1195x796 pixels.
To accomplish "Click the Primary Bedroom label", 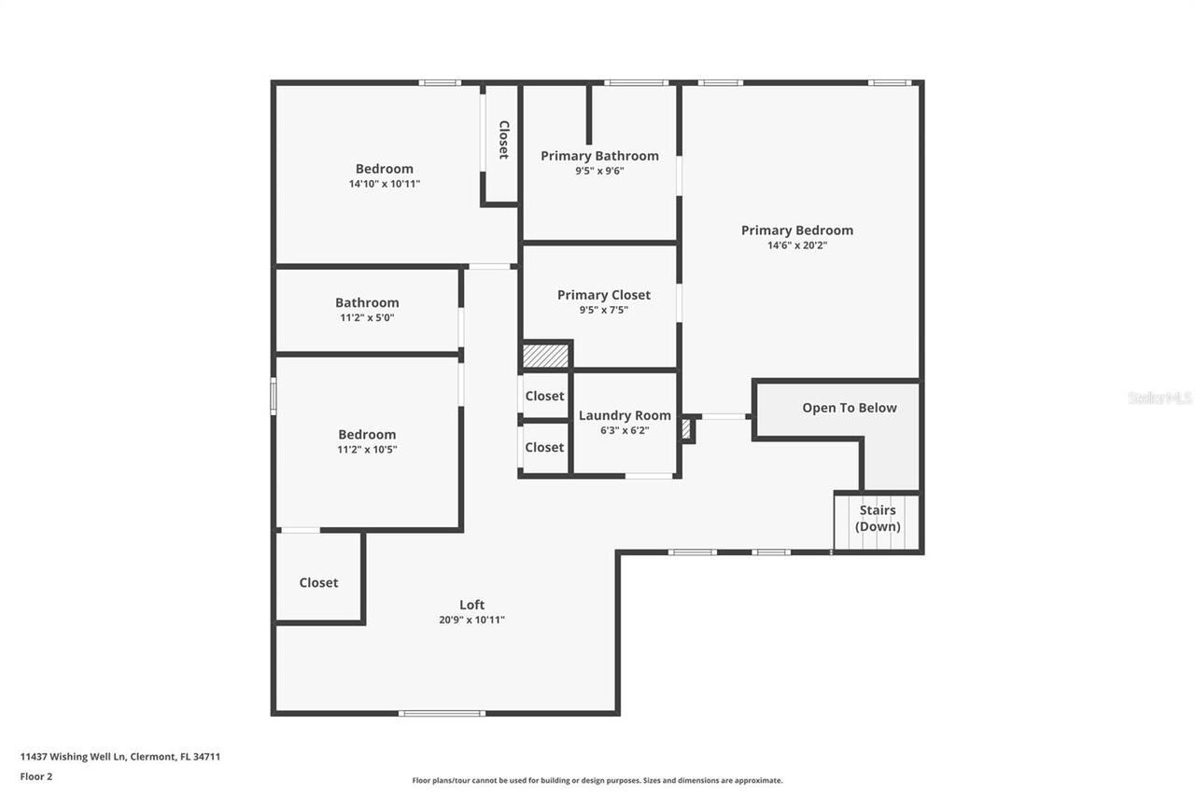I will click(x=796, y=230).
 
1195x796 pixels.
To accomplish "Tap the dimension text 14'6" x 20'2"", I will click(x=796, y=245).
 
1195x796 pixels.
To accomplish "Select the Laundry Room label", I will click(x=625, y=415).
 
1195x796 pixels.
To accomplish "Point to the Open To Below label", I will click(x=849, y=408).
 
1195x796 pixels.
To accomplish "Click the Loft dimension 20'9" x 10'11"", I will click(x=471, y=620).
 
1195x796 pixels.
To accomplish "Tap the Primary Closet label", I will click(x=603, y=295).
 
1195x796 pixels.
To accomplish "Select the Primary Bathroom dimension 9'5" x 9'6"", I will click(x=599, y=171).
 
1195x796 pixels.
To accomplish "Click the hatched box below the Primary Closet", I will click(x=545, y=356).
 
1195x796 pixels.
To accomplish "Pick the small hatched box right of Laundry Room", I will click(x=686, y=429).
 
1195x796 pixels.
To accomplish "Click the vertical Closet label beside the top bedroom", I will click(x=503, y=140).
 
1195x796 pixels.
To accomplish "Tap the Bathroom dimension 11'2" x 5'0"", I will click(x=367, y=317).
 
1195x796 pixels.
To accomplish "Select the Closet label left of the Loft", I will click(x=318, y=582).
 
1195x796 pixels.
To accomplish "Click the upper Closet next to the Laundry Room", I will click(x=544, y=396).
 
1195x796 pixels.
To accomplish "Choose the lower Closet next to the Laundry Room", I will click(x=544, y=447).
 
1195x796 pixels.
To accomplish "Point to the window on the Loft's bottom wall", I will click(x=442, y=714).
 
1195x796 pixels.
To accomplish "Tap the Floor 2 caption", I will click(x=36, y=776).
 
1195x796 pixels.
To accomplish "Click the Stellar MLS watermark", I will click(x=1159, y=398).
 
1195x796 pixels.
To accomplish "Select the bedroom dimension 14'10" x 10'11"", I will click(x=385, y=184).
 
